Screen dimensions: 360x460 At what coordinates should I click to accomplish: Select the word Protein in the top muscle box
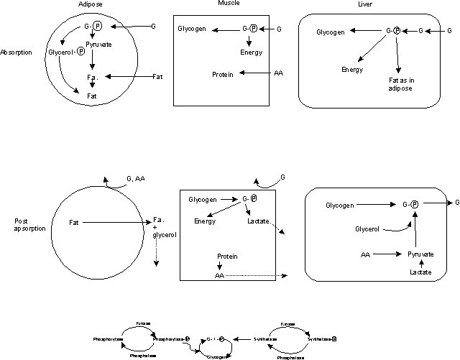point(224,74)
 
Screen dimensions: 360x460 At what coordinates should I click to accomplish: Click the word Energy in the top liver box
point(352,70)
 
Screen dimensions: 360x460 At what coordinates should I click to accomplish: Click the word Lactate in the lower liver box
point(420,272)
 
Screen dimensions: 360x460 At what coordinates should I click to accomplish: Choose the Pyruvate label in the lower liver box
point(420,254)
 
